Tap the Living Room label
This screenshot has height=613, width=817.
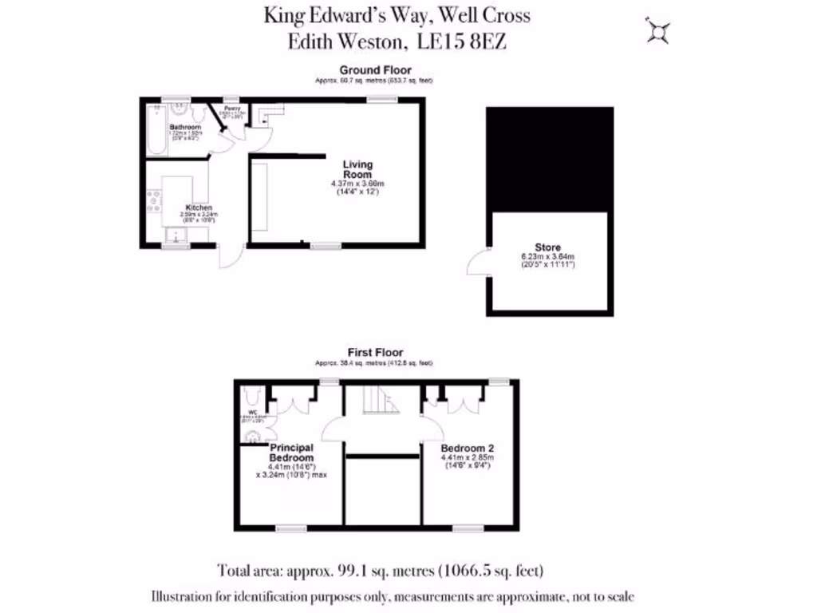(x=357, y=169)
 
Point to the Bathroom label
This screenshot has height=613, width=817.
(x=185, y=127)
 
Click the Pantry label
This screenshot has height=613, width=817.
(x=232, y=109)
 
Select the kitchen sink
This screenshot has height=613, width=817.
(x=173, y=235)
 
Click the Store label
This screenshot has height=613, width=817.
(x=547, y=247)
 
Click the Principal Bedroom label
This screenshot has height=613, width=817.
(x=291, y=453)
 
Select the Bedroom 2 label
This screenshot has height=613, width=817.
(x=468, y=449)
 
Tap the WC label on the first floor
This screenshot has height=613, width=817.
(x=252, y=413)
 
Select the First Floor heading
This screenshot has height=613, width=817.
(x=375, y=352)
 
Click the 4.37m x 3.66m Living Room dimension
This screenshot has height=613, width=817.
(x=357, y=184)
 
